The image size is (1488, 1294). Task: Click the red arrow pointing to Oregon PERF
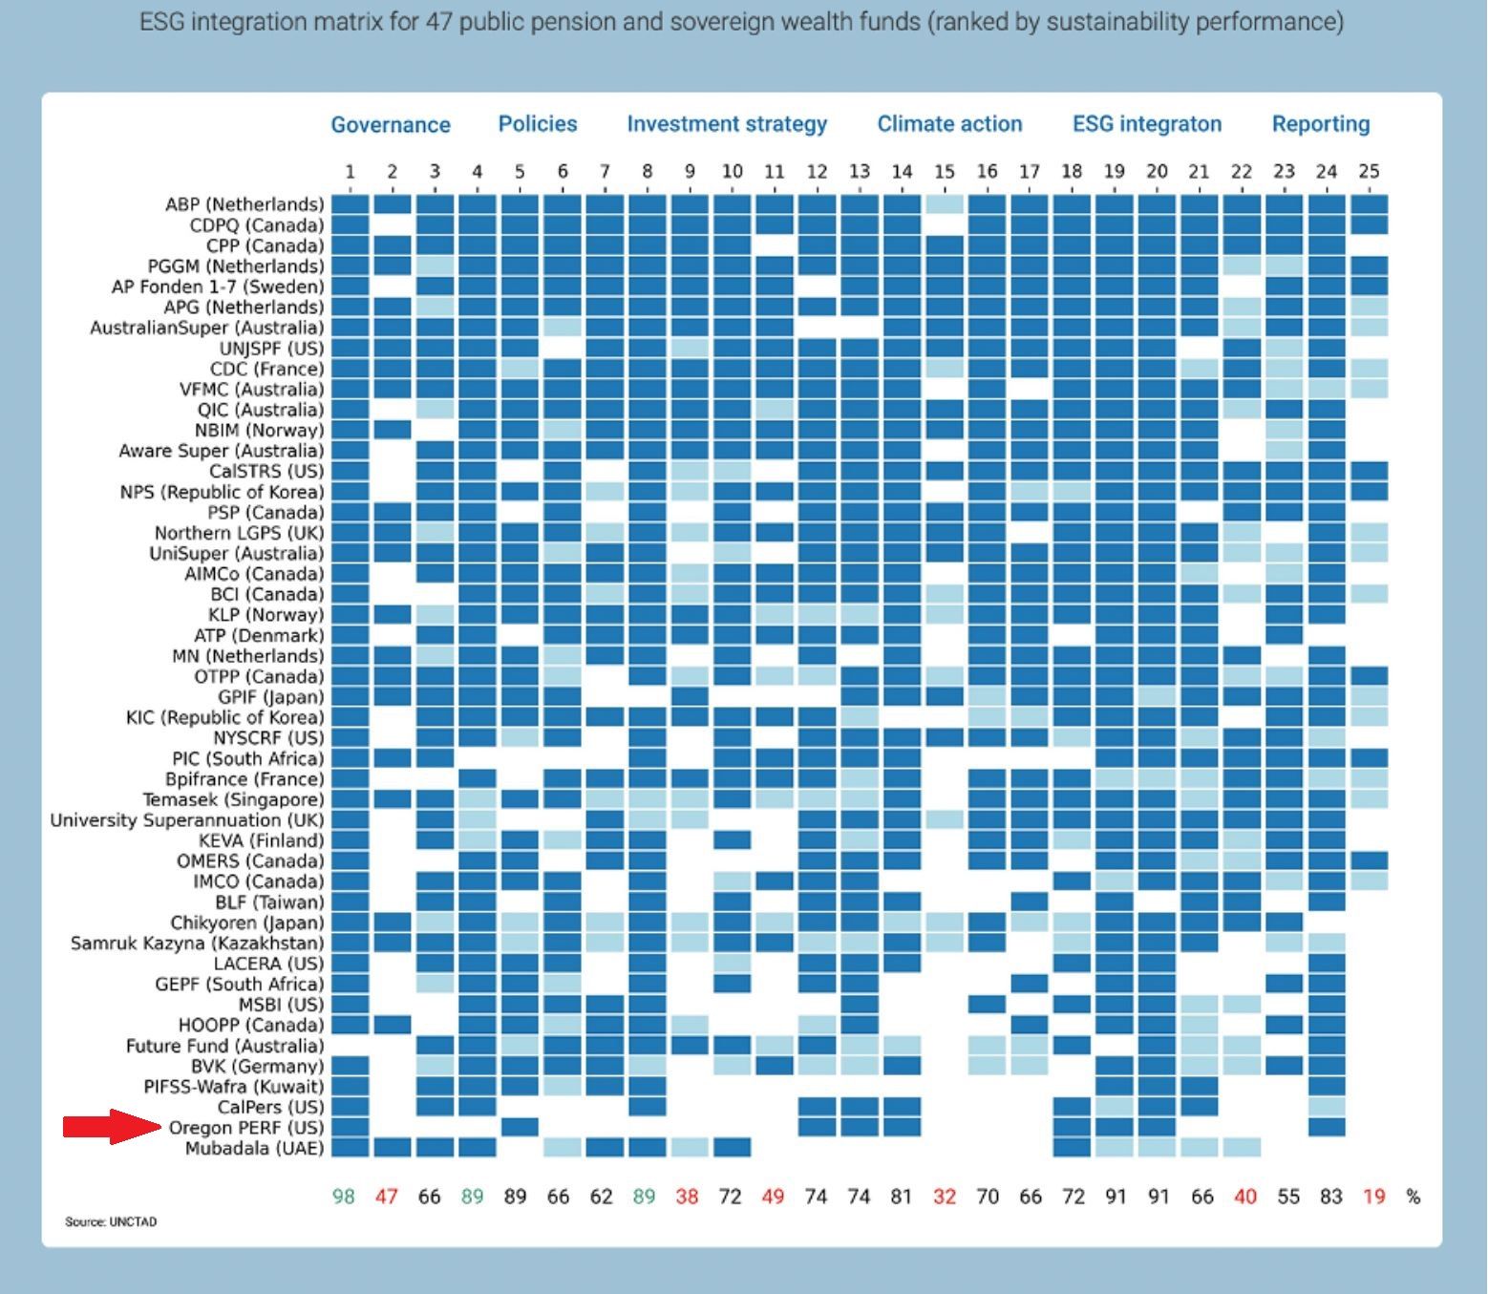[x=111, y=1127]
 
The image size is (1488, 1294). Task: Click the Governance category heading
[x=391, y=124]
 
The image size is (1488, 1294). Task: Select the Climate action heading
[x=949, y=124]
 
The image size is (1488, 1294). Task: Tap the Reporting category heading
[x=1320, y=124]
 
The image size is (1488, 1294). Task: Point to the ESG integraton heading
[x=1146, y=124]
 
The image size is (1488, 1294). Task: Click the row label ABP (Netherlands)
[x=244, y=204]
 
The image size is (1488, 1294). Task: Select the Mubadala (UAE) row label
[x=254, y=1148]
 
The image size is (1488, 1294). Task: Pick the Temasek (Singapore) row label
[x=233, y=799]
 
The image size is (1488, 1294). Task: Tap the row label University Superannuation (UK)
[x=187, y=820]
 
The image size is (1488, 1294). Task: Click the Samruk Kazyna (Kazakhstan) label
[x=198, y=944]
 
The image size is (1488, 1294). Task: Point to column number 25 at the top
[x=1369, y=172]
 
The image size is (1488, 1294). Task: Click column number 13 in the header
[x=859, y=172]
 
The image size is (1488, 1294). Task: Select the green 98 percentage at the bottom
[x=344, y=1197]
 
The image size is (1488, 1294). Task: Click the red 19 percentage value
[x=1373, y=1197]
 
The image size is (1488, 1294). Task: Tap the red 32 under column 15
[x=944, y=1197]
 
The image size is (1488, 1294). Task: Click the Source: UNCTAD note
[x=111, y=1221]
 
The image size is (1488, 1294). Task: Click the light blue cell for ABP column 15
[x=944, y=204]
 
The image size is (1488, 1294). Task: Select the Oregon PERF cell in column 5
[x=520, y=1127]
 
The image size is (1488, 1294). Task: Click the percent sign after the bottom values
[x=1414, y=1197]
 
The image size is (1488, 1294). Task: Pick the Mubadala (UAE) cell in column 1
[x=351, y=1148]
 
